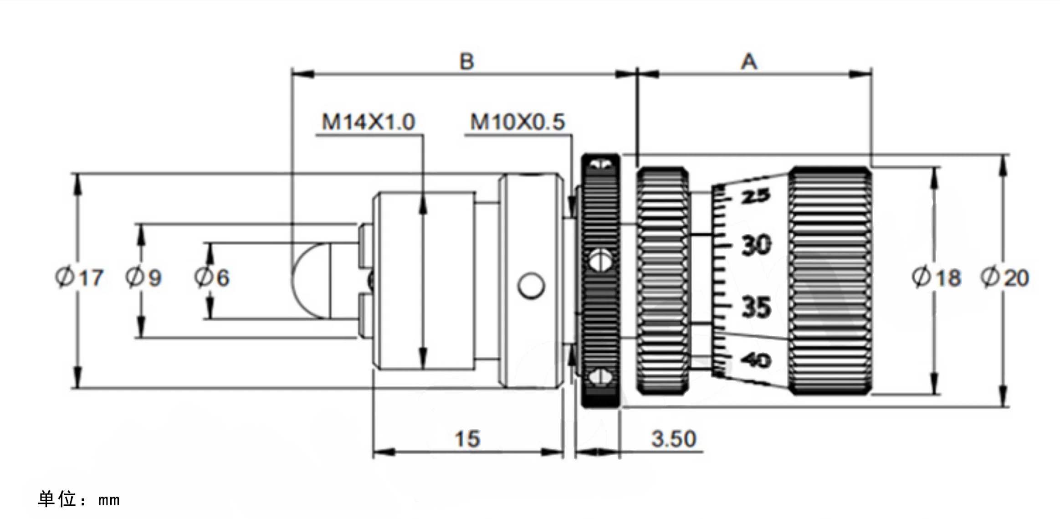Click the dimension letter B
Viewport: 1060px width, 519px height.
[466, 62]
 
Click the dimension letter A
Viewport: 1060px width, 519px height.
[749, 62]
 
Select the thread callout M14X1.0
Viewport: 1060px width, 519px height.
[368, 122]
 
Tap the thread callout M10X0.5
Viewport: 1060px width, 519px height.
[517, 122]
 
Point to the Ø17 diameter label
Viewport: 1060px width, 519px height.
[80, 277]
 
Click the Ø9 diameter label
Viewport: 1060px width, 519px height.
[143, 277]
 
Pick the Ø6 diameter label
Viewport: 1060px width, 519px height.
[212, 277]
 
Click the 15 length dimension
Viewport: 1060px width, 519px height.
[467, 439]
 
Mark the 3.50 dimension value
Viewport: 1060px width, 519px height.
[674, 439]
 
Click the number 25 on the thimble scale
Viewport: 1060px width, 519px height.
[755, 196]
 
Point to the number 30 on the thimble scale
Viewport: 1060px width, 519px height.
[756, 245]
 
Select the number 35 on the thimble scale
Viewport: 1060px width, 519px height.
[756, 307]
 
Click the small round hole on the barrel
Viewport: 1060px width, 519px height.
[531, 286]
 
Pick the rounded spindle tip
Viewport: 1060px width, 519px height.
[307, 280]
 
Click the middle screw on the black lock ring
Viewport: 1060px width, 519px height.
[600, 260]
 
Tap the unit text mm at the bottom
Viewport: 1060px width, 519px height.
[109, 500]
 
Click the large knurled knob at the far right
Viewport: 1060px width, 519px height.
[830, 280]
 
